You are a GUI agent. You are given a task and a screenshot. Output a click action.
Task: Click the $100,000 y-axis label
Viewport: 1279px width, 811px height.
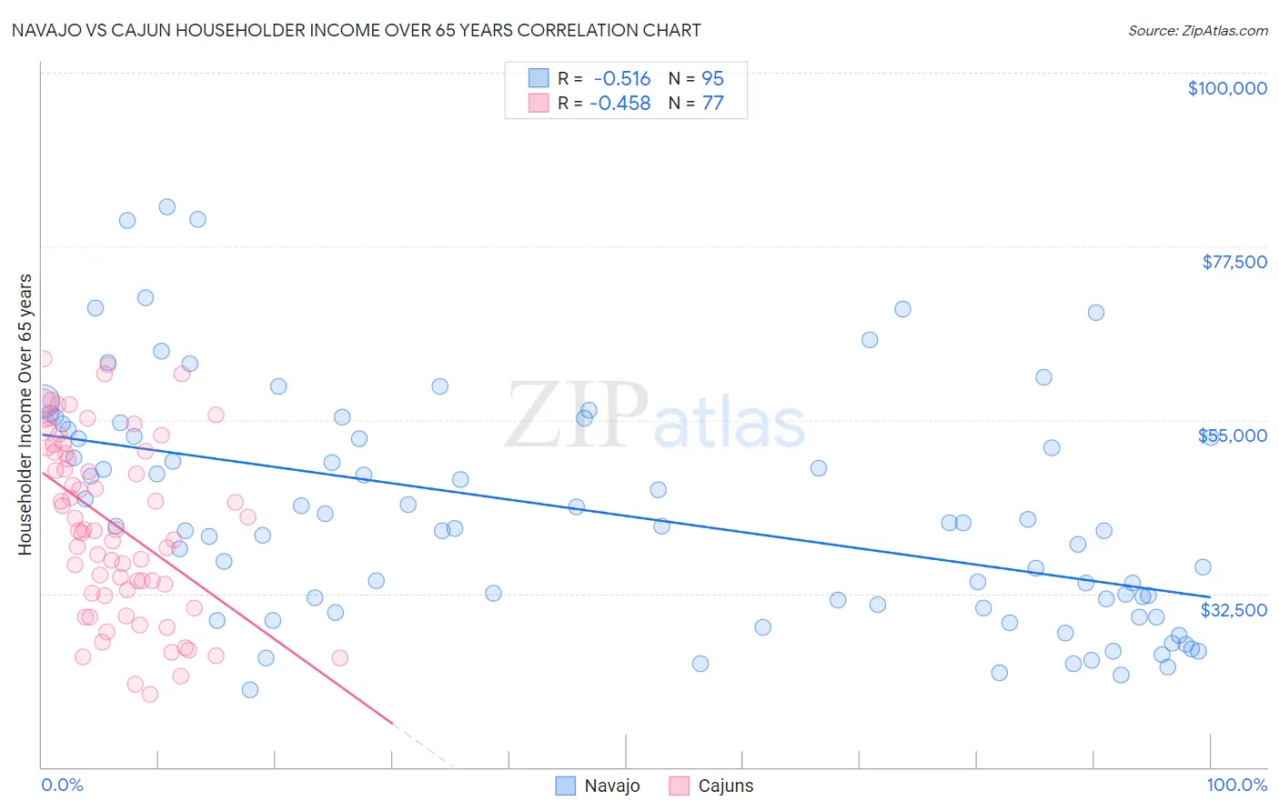pos(1226,88)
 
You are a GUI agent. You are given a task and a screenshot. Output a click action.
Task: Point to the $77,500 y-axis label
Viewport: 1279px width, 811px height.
pos(1234,262)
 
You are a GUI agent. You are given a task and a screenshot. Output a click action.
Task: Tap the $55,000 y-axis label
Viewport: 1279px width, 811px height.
pos(1234,436)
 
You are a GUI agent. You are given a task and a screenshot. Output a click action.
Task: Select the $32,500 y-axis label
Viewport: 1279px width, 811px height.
pos(1234,610)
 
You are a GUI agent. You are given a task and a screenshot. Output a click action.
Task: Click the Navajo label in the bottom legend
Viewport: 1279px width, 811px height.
pos(612,786)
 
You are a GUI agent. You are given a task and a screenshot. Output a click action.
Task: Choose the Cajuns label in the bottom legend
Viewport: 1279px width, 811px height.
pos(725,786)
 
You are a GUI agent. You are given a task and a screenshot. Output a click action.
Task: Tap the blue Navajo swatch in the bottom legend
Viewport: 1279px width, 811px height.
pos(565,786)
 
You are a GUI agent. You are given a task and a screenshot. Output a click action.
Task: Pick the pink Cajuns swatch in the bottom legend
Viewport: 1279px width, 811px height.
pos(679,786)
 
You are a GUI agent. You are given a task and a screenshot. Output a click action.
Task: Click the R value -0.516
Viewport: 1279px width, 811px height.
pos(621,79)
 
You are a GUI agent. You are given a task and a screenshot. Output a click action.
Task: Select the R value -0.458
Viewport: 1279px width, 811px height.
pos(619,104)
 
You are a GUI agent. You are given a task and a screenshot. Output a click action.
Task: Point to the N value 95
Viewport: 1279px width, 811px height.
pos(712,79)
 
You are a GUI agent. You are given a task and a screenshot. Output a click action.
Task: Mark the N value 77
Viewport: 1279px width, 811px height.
pos(712,104)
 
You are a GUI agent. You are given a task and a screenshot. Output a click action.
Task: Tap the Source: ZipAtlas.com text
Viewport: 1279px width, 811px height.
pos(1197,31)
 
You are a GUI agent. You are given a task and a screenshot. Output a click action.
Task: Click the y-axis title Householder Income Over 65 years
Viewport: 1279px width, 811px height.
pos(25,415)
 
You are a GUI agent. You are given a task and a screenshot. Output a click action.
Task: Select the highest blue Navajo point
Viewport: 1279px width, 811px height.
pos(167,206)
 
